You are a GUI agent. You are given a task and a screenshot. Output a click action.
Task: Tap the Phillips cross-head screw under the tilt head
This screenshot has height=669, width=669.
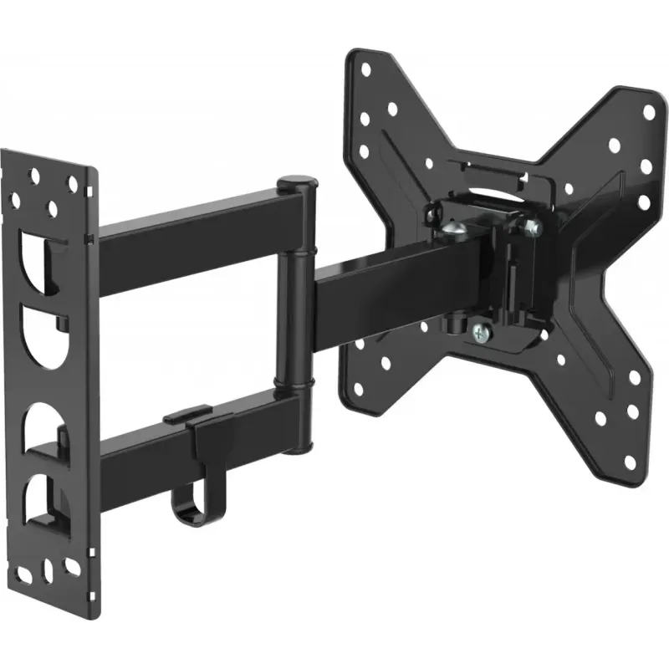(479, 332)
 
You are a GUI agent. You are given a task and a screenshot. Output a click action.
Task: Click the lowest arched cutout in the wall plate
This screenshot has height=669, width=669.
(42, 502)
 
